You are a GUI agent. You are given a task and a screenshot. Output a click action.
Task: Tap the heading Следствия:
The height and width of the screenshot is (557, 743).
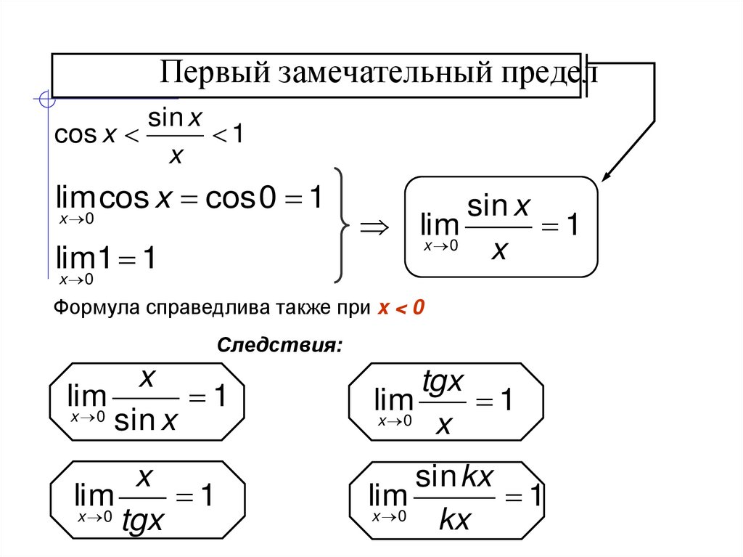pyautogui.click(x=279, y=343)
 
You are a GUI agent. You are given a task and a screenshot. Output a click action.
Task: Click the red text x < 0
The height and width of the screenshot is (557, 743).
pyautogui.click(x=399, y=308)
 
